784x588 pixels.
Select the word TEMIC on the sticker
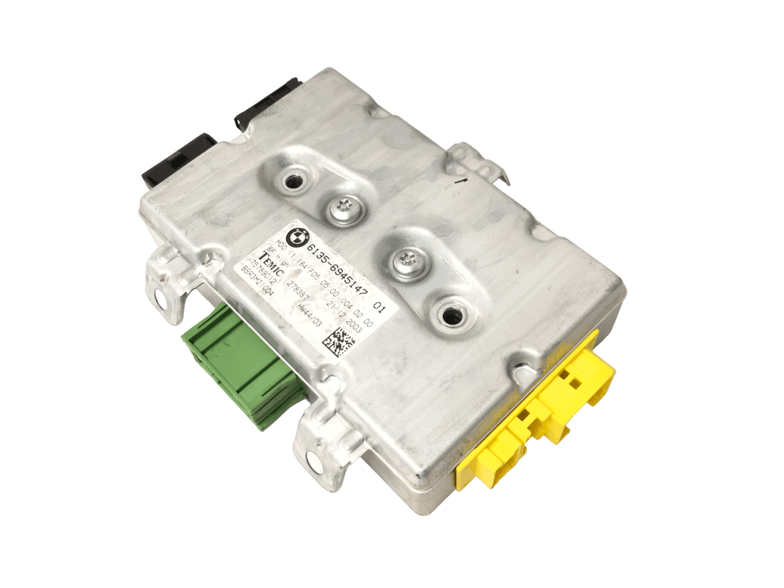tap(271, 264)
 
